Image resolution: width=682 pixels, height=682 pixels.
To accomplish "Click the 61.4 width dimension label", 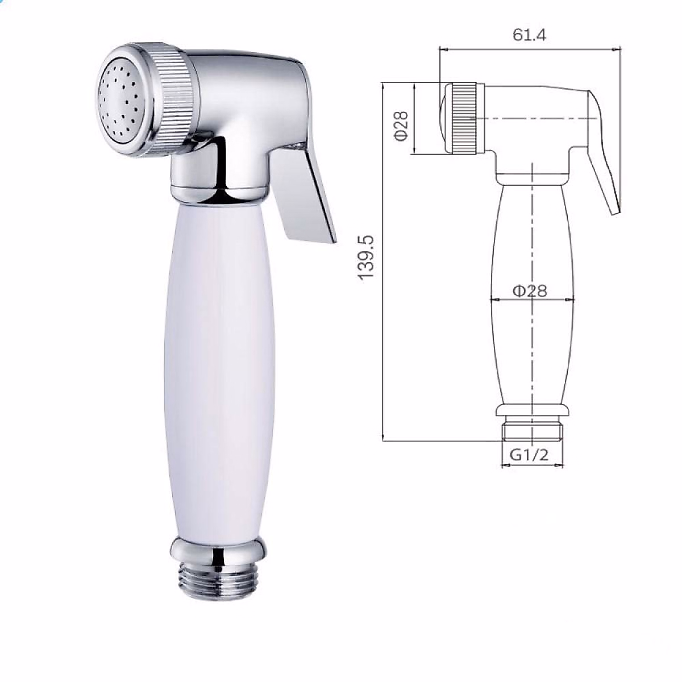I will (x=529, y=35).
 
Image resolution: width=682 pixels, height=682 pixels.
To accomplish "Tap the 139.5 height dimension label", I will (x=367, y=257).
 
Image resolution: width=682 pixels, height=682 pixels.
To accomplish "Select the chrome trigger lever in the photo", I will (x=301, y=193).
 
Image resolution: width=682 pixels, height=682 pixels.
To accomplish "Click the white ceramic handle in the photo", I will (x=216, y=364).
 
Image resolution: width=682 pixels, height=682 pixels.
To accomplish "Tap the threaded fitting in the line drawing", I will (x=532, y=430).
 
